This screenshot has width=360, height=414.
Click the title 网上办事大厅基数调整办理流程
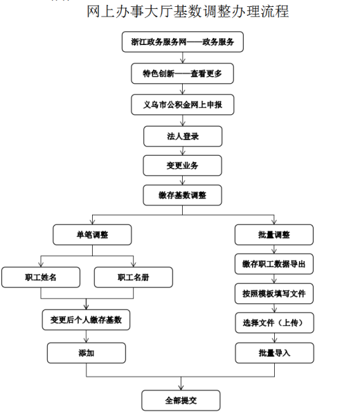pyautogui.click(x=188, y=12)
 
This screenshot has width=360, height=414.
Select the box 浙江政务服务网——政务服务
pyautogui.click(x=183, y=42)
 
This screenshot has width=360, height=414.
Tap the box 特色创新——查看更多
pyautogui.click(x=182, y=73)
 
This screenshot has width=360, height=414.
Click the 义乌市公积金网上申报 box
pyautogui.click(x=183, y=105)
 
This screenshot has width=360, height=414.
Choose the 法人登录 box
pyautogui.click(x=183, y=136)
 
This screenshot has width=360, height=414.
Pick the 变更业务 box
pyautogui.click(x=183, y=165)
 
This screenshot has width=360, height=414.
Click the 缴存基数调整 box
pyautogui.click(x=183, y=195)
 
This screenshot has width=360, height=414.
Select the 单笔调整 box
pyautogui.click(x=92, y=235)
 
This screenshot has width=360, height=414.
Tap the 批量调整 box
pyautogui.click(x=274, y=235)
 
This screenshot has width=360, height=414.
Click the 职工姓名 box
pyautogui.click(x=41, y=277)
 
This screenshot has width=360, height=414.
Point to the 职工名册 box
pyautogui.click(x=134, y=277)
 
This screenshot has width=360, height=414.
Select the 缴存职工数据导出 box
pyautogui.click(x=274, y=264)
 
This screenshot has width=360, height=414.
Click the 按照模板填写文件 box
pyautogui.click(x=274, y=294)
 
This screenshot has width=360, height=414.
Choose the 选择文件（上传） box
pyautogui.click(x=274, y=323)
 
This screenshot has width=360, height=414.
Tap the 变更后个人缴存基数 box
pyautogui.click(x=86, y=320)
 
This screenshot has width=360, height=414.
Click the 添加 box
pyautogui.click(x=87, y=353)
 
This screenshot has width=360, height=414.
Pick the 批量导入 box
pyautogui.click(x=274, y=353)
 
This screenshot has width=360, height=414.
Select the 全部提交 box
pyautogui.click(x=181, y=401)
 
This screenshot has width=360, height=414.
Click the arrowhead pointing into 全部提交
pyautogui.click(x=181, y=388)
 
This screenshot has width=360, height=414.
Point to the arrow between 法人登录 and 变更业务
pyautogui.click(x=183, y=151)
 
